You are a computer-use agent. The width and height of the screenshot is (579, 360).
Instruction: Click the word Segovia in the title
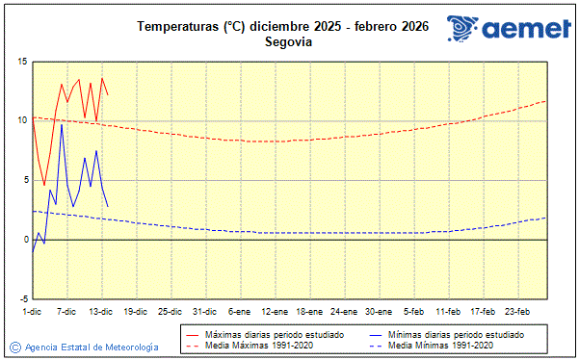[289, 41]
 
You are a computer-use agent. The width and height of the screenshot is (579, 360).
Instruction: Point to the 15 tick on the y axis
[20, 62]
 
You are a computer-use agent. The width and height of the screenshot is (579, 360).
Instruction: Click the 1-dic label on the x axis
[33, 312]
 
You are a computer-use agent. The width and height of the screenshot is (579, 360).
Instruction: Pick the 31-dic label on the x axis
[204, 312]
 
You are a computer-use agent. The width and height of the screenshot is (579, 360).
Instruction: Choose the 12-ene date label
[274, 312]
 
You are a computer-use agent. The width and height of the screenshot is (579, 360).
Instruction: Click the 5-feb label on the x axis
[414, 312]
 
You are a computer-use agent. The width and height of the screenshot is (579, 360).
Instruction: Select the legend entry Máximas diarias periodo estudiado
[276, 334]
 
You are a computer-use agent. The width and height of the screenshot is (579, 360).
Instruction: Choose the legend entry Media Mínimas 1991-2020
[442, 345]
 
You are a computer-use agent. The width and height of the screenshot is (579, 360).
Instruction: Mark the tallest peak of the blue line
[62, 124]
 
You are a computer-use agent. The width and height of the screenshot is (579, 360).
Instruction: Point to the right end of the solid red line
[108, 94]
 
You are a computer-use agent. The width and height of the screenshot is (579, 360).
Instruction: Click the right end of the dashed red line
[545, 101]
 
